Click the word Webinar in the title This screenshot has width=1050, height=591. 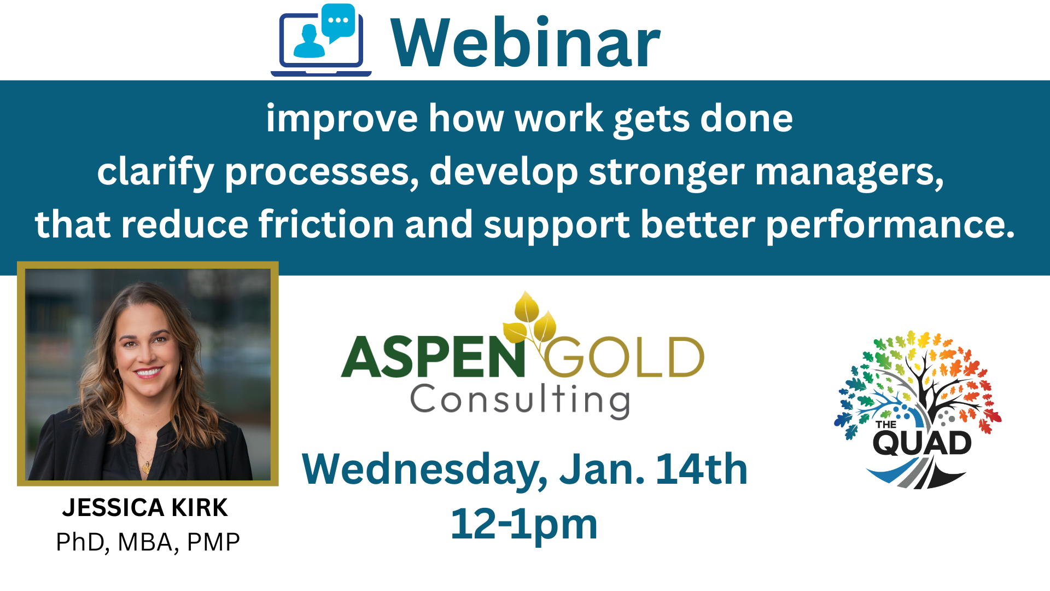(x=526, y=42)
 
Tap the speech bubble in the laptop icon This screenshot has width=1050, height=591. (x=339, y=22)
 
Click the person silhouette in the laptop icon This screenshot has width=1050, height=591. (x=310, y=42)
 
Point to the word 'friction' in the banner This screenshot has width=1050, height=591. (x=326, y=224)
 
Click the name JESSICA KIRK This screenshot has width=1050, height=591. (x=145, y=508)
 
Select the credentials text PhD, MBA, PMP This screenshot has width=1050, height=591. (x=148, y=542)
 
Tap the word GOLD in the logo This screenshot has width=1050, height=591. (x=623, y=357)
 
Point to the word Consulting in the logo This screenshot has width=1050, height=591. (x=520, y=400)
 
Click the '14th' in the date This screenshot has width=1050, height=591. (x=702, y=469)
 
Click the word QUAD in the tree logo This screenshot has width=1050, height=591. (x=922, y=443)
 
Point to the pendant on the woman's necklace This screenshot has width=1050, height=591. (x=146, y=467)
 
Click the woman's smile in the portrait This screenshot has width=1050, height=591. (x=148, y=373)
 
